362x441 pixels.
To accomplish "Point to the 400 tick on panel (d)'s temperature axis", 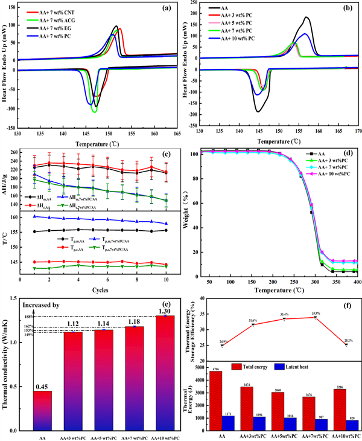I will (x=357, y=282).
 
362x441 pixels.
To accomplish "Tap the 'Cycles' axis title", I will (x=94, y=290).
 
